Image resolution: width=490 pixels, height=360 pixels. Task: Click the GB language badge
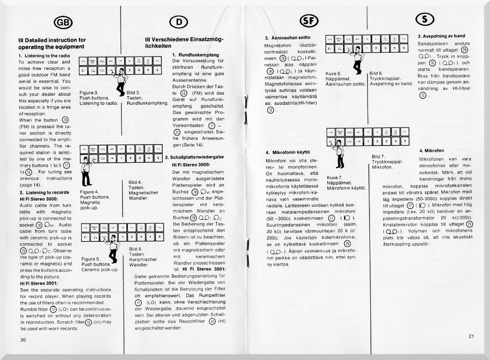[63, 22]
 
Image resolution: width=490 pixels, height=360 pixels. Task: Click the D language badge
[176, 21]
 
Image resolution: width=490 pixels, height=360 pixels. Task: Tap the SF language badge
[307, 20]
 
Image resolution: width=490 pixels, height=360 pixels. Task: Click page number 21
[471, 336]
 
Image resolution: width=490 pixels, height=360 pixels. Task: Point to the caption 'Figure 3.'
[89, 93]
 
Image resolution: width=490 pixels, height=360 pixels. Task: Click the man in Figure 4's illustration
[87, 171]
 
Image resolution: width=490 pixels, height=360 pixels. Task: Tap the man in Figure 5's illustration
[112, 248]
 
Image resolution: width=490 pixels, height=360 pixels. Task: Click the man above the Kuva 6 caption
[356, 60]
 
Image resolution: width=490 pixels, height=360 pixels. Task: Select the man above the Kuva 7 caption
[339, 154]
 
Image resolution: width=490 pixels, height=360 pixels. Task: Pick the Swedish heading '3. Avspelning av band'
[441, 36]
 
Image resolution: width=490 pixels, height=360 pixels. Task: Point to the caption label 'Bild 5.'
[136, 249]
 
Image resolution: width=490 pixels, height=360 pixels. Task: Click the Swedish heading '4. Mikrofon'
[431, 151]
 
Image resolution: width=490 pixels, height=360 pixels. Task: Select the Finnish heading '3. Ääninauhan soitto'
[288, 37]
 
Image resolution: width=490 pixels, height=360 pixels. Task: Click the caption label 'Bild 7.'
[379, 157]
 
